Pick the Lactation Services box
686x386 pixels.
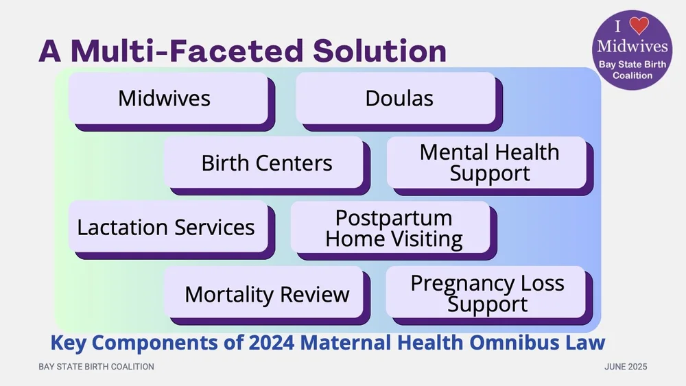click(x=167, y=227)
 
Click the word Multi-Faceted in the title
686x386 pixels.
click(x=180, y=51)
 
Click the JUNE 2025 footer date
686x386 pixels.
click(x=626, y=367)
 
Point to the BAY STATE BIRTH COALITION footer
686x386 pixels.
click(x=96, y=367)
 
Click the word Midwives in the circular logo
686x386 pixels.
click(x=632, y=47)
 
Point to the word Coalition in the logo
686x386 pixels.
click(x=632, y=75)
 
